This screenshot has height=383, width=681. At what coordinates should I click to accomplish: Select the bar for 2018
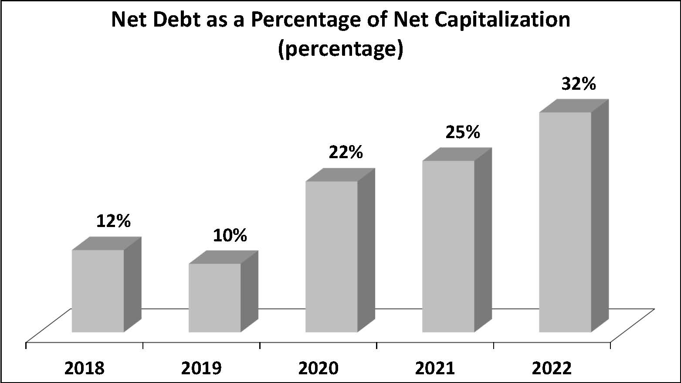tap(98, 291)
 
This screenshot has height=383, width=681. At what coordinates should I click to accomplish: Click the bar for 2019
tap(214, 298)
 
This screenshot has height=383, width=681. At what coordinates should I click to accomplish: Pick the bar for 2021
tap(448, 246)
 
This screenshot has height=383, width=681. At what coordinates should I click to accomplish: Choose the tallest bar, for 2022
tap(565, 222)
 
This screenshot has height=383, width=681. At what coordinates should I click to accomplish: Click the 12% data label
tap(113, 221)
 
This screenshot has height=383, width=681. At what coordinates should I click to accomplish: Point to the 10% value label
tap(230, 235)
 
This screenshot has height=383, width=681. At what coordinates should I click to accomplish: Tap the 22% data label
tap(346, 152)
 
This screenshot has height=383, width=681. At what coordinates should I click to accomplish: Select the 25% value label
tap(463, 132)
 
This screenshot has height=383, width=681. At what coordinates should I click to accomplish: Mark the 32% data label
tap(579, 84)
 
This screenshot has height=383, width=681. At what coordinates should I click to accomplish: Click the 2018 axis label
tap(85, 369)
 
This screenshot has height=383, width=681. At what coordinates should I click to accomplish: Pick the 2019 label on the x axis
tap(201, 369)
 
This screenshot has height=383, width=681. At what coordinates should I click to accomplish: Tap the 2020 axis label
tap(318, 369)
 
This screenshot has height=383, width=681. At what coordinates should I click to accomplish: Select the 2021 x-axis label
tap(435, 369)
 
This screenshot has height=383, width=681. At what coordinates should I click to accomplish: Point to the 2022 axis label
tap(552, 369)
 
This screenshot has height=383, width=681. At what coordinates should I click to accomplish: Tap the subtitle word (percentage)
tap(340, 49)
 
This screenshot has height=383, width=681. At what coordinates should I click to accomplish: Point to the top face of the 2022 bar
tap(573, 106)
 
